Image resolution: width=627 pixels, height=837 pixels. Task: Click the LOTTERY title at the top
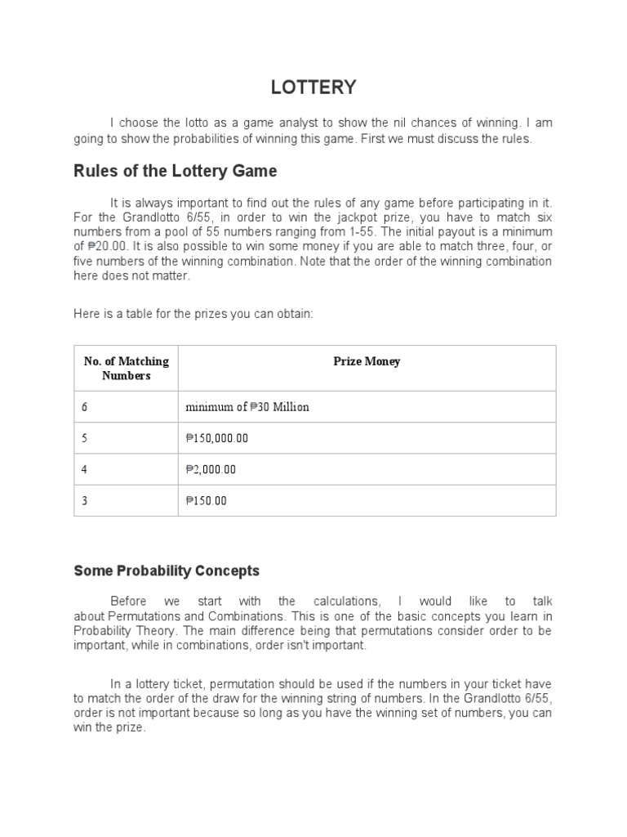pyautogui.click(x=313, y=87)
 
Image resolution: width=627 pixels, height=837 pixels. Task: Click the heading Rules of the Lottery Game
pyautogui.click(x=176, y=171)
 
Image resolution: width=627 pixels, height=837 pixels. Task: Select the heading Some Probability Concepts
pyautogui.click(x=167, y=571)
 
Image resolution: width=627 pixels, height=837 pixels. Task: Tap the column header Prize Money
pyautogui.click(x=367, y=361)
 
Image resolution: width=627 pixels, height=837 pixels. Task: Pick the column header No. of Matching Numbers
pyautogui.click(x=127, y=368)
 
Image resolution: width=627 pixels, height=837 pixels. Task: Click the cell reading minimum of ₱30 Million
pyautogui.click(x=247, y=407)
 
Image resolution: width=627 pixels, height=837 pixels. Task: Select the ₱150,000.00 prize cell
pyautogui.click(x=217, y=438)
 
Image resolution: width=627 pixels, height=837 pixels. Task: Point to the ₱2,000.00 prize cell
pyautogui.click(x=211, y=469)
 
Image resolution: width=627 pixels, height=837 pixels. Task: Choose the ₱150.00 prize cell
pyautogui.click(x=207, y=500)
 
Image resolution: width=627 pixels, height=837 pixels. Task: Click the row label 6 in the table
pyautogui.click(x=84, y=407)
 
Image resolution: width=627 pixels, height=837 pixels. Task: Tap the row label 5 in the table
pyautogui.click(x=84, y=438)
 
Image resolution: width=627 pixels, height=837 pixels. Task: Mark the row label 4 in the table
pyautogui.click(x=84, y=469)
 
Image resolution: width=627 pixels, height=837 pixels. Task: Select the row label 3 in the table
pyautogui.click(x=84, y=500)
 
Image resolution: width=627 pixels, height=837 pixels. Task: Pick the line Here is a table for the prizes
pyautogui.click(x=193, y=314)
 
